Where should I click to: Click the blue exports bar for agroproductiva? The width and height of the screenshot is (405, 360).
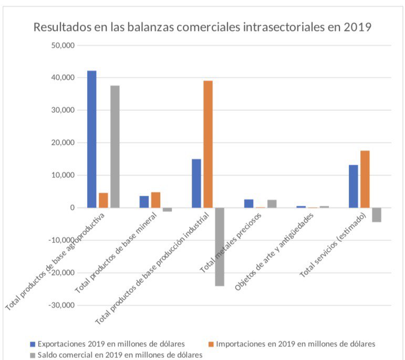(92, 139)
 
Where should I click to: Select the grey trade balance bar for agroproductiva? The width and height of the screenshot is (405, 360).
(115, 146)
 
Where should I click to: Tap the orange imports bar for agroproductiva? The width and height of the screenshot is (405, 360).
(103, 200)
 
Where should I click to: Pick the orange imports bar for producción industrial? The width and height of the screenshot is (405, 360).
(208, 144)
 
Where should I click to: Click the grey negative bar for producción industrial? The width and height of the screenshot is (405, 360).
(220, 247)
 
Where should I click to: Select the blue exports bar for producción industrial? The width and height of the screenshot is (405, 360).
(196, 183)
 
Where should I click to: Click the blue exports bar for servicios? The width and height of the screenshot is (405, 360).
(354, 186)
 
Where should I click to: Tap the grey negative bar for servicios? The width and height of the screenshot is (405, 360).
(377, 215)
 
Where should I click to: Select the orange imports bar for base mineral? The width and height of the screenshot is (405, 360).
(155, 200)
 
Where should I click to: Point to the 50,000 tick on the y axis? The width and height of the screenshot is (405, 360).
(63, 45)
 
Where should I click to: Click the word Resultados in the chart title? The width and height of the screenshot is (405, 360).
(58, 27)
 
